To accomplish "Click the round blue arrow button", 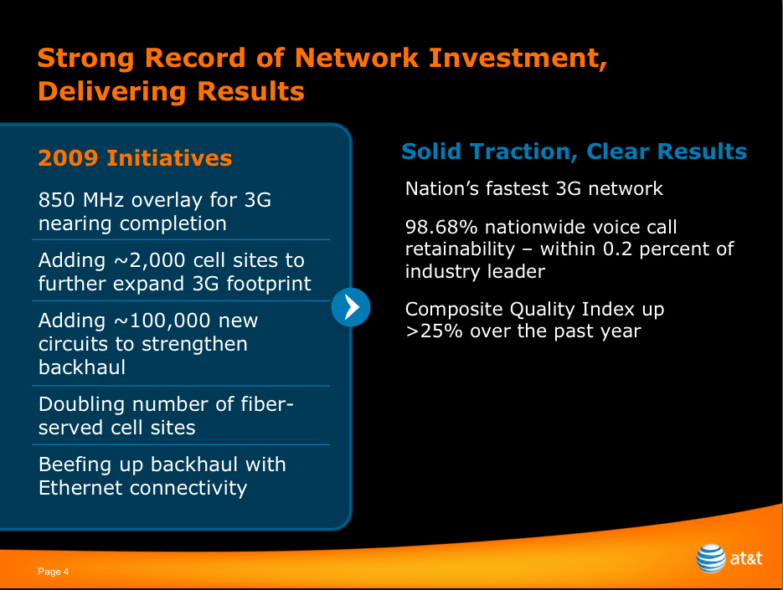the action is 351,307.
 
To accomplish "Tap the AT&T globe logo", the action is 711,558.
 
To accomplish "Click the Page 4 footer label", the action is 54,572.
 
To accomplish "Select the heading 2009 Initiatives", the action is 135,157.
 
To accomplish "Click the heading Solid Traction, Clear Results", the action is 574,151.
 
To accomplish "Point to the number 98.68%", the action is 441,227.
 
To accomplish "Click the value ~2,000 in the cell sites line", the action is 150,260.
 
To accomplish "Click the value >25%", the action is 434,331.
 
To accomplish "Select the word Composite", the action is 453,310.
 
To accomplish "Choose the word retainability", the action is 460,249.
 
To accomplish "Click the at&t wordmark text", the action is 746,558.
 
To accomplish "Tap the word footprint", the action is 269,284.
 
